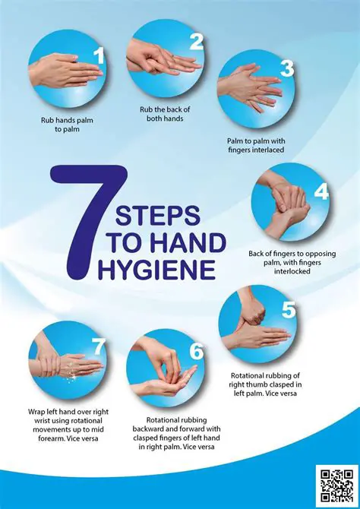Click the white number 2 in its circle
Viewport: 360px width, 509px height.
196,41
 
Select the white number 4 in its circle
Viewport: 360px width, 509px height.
321,191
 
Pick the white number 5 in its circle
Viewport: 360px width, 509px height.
288,311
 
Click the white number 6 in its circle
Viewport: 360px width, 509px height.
196,351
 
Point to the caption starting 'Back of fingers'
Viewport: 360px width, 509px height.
289,263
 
